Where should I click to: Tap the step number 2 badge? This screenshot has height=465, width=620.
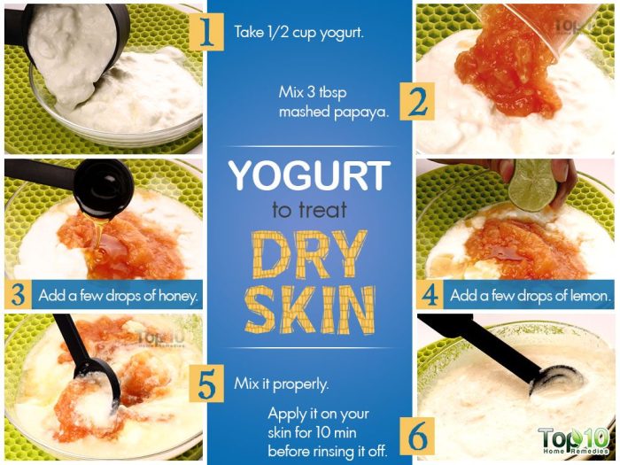(414, 102)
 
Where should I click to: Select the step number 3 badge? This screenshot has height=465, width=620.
(19, 294)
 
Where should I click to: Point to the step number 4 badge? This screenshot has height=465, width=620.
(431, 295)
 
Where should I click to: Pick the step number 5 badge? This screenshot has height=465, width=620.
(206, 385)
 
